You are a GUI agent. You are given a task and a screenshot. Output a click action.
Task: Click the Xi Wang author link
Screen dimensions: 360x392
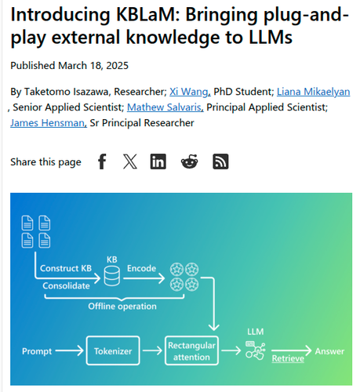(190, 92)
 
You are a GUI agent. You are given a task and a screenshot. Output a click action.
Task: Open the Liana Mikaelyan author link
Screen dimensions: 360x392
(313, 92)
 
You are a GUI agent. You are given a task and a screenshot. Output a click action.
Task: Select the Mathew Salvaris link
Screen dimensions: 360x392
(165, 107)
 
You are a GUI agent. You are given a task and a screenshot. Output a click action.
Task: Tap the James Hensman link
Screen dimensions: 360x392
(49, 123)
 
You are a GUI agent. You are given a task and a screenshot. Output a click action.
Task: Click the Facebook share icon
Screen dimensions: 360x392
(102, 162)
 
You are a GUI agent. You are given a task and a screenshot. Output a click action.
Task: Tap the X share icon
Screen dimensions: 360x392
(130, 162)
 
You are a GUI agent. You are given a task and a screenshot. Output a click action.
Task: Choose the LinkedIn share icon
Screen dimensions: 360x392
(158, 162)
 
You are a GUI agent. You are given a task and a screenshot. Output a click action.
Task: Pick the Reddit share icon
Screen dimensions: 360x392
(189, 162)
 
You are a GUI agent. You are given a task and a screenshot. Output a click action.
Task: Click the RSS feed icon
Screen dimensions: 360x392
(220, 162)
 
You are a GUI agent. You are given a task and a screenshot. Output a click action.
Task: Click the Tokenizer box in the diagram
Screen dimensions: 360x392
(113, 350)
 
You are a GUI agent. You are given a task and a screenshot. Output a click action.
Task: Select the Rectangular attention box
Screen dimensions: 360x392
(191, 350)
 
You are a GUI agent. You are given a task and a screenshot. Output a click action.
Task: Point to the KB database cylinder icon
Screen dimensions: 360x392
(112, 276)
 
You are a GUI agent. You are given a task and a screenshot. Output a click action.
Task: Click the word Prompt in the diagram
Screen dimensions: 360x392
(37, 351)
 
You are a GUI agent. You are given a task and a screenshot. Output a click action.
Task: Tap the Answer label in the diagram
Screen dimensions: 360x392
(329, 351)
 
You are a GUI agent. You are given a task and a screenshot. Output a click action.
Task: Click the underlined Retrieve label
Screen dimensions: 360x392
(288, 358)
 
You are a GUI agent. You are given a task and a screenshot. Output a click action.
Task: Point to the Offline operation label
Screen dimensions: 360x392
(122, 307)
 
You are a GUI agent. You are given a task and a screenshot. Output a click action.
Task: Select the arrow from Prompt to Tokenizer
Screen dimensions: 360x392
(69, 350)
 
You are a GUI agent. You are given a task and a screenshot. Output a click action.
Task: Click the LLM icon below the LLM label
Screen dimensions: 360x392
(256, 350)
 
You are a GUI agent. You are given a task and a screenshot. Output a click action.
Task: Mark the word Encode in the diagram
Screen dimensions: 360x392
(141, 268)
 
